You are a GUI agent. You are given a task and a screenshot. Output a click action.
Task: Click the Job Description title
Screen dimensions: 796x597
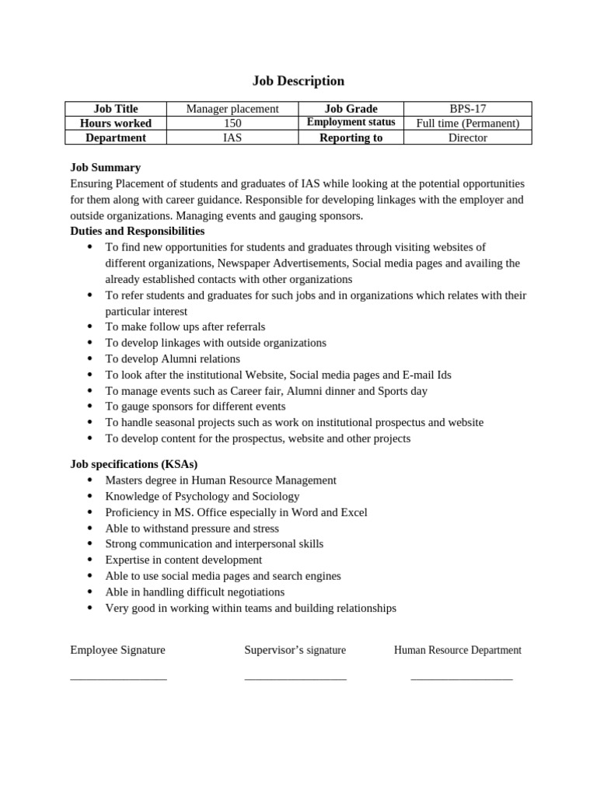point(298,81)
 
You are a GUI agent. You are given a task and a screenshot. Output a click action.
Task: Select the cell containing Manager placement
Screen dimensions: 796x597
point(232,109)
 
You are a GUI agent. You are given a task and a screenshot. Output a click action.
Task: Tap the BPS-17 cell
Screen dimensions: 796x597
point(467,109)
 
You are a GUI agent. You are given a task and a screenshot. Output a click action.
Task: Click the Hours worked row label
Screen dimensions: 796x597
point(116,123)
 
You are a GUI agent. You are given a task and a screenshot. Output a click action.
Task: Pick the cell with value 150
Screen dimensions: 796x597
point(232,123)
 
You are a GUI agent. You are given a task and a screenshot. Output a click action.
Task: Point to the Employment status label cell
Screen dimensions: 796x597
point(351,123)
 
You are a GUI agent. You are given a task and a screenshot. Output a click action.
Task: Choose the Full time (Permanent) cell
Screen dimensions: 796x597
point(467,123)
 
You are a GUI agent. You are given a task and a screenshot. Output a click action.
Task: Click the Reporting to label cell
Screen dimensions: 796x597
point(351,138)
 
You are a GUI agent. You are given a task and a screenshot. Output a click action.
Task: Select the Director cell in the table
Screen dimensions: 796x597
point(467,138)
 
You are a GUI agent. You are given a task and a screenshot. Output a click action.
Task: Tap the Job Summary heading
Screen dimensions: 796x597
point(105,167)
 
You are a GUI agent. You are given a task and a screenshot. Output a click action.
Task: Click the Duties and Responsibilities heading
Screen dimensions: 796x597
point(138,231)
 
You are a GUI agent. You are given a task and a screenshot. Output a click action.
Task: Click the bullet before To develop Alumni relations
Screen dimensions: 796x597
point(90,358)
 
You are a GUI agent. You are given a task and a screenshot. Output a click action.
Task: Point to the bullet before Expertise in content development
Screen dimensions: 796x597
point(90,560)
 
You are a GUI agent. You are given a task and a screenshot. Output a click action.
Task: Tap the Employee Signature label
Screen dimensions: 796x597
point(117,650)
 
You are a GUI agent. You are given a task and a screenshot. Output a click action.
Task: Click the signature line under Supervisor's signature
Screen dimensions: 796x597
point(295,679)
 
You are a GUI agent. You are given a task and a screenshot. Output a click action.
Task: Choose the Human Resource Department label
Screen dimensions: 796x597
point(457,650)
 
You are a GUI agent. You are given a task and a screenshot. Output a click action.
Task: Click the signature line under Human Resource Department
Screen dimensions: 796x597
point(462,679)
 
